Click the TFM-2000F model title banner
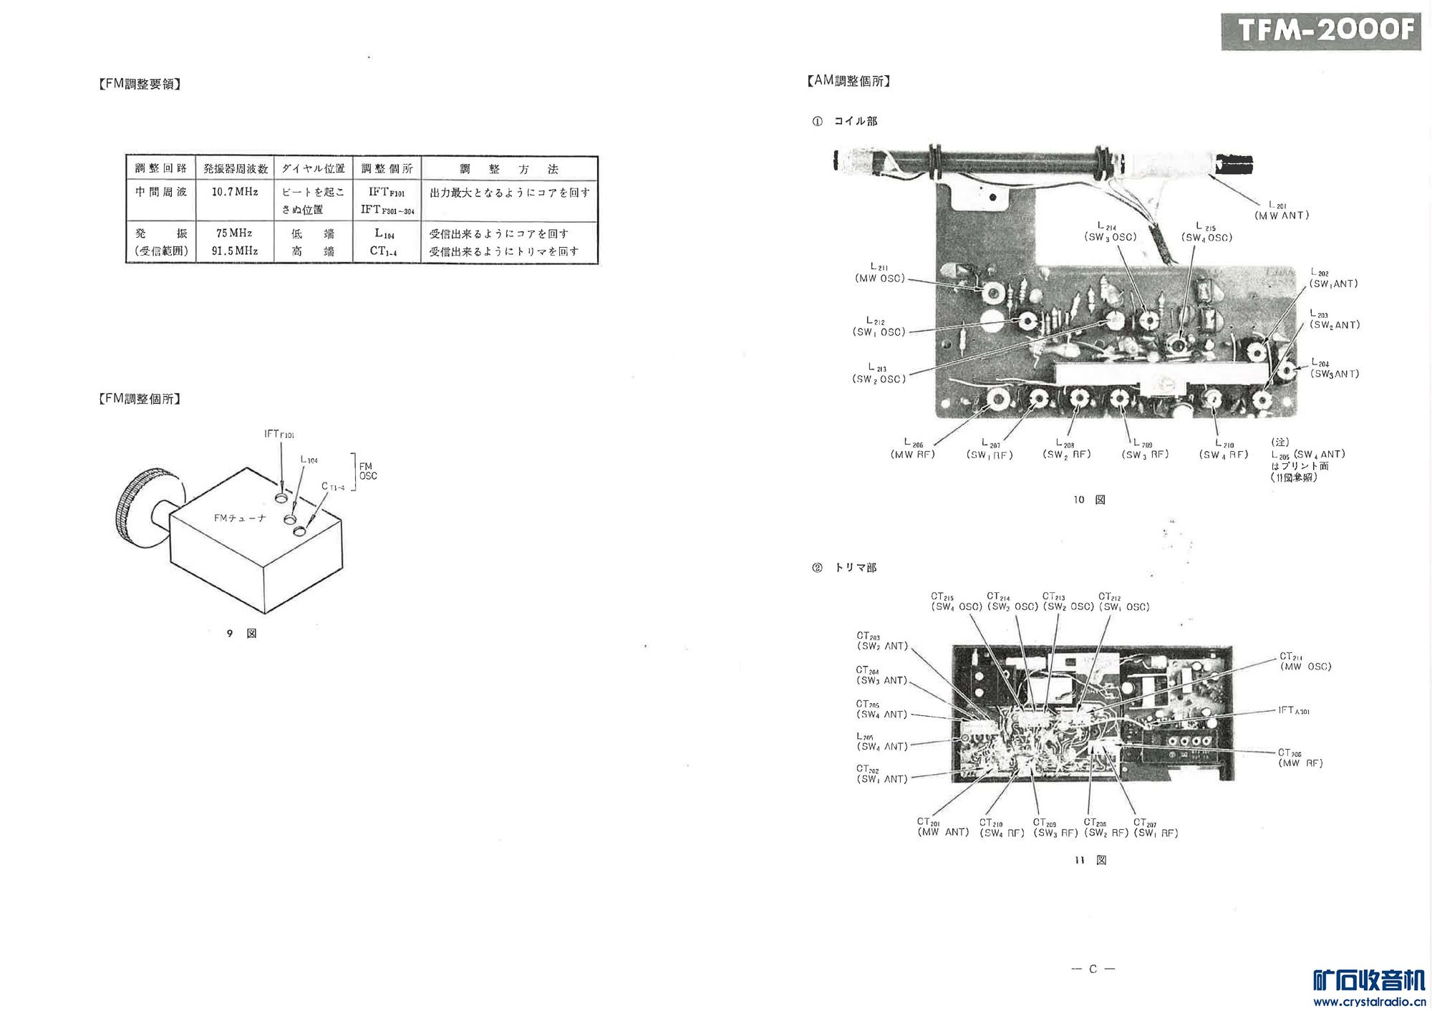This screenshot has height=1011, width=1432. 1320,31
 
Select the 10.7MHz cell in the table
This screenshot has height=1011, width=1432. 235,192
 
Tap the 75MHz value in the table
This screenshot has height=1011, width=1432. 234,233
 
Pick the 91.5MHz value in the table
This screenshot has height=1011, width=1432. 235,251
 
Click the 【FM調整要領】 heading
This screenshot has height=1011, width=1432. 140,84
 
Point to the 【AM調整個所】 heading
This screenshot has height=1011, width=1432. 849,81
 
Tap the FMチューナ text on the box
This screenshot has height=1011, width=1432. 240,518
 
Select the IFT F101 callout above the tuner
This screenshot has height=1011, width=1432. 279,434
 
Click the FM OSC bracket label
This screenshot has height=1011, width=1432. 368,471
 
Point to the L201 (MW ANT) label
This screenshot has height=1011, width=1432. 1282,211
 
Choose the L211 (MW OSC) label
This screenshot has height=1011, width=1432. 880,274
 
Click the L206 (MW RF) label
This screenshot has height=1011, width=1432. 913,450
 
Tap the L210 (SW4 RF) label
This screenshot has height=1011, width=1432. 1224,450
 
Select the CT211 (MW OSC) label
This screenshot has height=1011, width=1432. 1305,662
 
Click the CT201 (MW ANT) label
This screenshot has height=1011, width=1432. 943,827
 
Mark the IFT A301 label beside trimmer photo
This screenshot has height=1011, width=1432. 1294,710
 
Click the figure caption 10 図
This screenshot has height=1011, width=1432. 1089,500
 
